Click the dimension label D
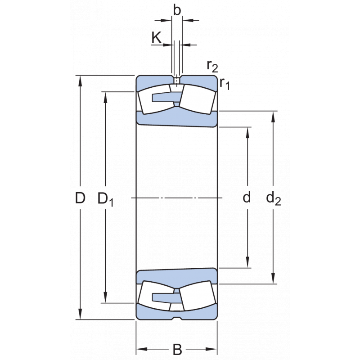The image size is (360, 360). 80,198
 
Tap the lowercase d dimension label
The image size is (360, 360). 247,198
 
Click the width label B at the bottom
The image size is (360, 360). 177,349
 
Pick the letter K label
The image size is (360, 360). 157,38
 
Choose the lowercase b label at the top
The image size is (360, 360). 177,10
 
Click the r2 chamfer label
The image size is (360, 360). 212,66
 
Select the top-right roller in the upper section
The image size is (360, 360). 197,99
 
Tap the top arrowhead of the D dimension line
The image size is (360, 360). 81,80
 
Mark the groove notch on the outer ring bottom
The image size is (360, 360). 177,319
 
